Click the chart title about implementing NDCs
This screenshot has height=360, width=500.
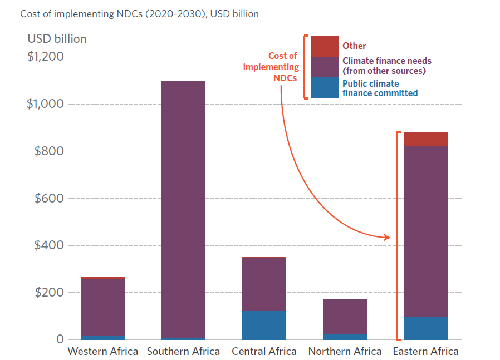pyautogui.click(x=139, y=14)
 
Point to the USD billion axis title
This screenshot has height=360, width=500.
pyautogui.click(x=57, y=39)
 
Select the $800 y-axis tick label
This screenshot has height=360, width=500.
pyautogui.click(x=48, y=151)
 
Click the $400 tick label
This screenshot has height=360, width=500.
pyautogui.click(x=48, y=245)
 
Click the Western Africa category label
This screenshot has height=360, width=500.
pyautogui.click(x=102, y=352)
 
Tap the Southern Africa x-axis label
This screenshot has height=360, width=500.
pyautogui.click(x=183, y=352)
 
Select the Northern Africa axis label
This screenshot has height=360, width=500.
pyautogui.click(x=345, y=352)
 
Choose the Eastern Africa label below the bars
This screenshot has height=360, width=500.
pyautogui.click(x=425, y=352)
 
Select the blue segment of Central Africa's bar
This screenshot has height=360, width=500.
pyautogui.click(x=264, y=326)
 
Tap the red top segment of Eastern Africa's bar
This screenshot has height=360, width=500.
pyautogui.click(x=425, y=139)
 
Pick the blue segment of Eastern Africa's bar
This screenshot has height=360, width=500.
pyautogui.click(x=425, y=328)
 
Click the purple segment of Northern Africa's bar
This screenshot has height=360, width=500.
pyautogui.click(x=345, y=317)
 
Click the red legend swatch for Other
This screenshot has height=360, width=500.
pyautogui.click(x=325, y=46)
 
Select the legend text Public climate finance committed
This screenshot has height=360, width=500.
pyautogui.click(x=380, y=88)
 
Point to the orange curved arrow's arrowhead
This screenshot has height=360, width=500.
pyautogui.click(x=388, y=238)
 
